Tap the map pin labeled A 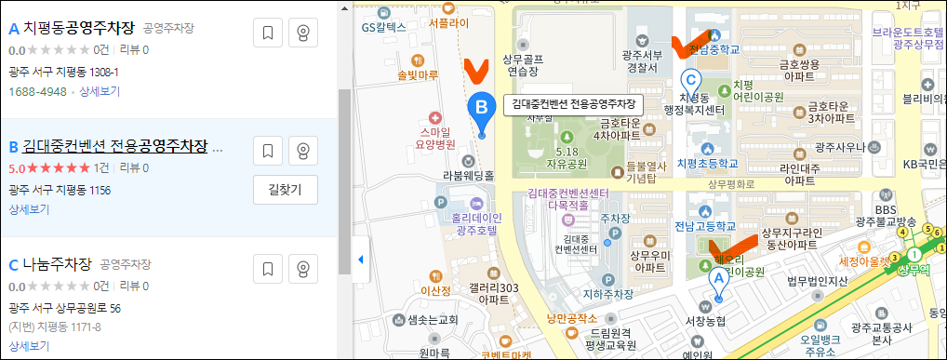[x=717, y=278]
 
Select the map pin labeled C [x=690, y=81]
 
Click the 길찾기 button [x=285, y=189]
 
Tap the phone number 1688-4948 [x=37, y=92]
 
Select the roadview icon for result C [x=302, y=270]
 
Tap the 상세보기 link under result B [x=29, y=209]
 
